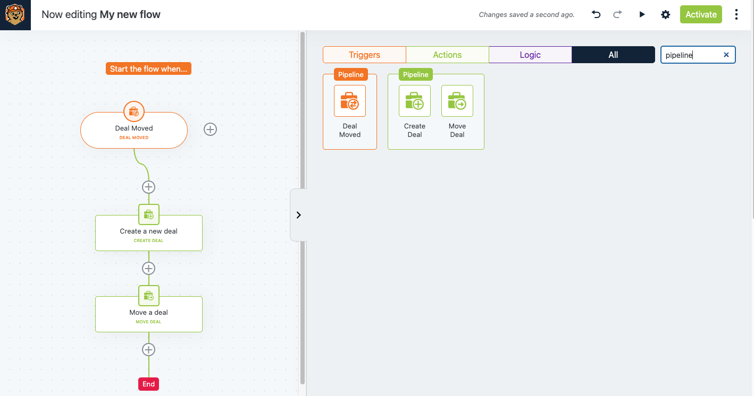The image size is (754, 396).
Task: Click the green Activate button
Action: click(701, 14)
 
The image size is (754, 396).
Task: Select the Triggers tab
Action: click(364, 55)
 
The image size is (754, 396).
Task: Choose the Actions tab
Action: click(447, 55)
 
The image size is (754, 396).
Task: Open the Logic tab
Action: click(530, 55)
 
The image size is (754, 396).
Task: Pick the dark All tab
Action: click(613, 55)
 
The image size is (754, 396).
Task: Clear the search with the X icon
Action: click(726, 55)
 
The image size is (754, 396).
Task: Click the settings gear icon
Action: click(666, 14)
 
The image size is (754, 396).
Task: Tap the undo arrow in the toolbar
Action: click(596, 14)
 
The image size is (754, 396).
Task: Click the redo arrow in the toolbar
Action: click(617, 14)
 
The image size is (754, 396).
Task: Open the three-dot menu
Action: click(736, 14)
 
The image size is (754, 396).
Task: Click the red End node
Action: click(148, 384)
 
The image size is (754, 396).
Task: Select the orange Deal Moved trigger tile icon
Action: click(350, 101)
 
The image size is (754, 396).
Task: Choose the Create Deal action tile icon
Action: click(415, 101)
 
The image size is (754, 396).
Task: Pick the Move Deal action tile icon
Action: click(457, 101)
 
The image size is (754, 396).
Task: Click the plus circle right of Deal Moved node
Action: click(211, 130)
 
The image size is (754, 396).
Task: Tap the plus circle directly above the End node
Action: click(148, 350)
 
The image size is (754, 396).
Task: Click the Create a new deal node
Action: click(149, 233)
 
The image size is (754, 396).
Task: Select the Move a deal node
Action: click(149, 314)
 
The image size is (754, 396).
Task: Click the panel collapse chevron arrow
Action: click(299, 215)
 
